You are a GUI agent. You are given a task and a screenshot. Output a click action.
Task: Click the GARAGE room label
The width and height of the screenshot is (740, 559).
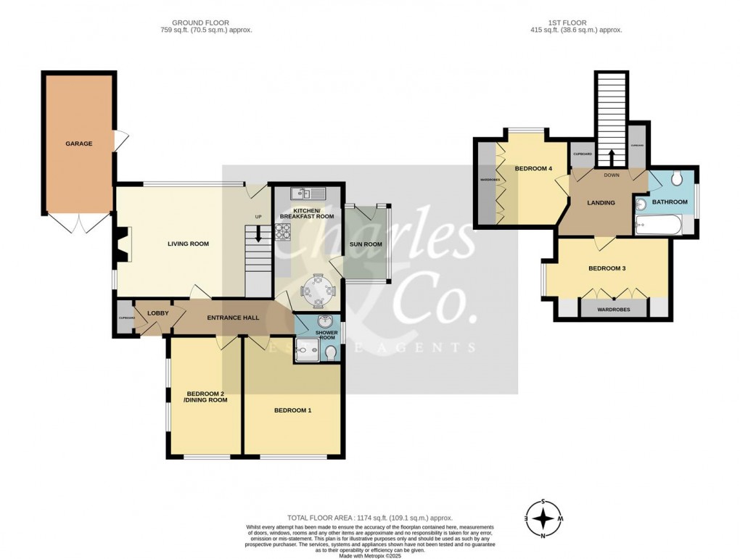coord(79,144)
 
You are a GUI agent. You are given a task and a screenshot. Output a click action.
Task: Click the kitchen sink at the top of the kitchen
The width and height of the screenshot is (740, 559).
coord(304,193)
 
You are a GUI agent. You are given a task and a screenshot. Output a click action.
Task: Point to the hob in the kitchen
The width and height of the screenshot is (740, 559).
coord(282,231)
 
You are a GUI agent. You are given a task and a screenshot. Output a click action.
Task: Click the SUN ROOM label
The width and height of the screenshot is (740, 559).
coord(366,244)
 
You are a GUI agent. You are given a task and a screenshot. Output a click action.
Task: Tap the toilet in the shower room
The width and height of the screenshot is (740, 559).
coord(331,352)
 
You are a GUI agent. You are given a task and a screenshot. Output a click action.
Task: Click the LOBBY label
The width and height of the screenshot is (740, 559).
coord(157,313)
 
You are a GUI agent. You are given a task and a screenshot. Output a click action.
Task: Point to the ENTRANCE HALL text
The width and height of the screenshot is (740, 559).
coord(233,318)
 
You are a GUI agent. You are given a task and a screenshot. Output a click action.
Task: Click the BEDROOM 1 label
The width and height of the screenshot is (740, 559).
coord(292,410)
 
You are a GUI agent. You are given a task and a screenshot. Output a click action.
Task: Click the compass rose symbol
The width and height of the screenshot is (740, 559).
coord(543,518)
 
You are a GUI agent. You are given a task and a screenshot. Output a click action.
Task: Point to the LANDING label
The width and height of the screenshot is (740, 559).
coord(601,203)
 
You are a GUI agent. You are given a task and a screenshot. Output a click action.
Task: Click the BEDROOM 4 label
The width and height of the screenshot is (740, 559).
coord(533,169)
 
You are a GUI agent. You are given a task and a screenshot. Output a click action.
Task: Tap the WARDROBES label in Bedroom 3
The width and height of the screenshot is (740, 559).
coord(613,310)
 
